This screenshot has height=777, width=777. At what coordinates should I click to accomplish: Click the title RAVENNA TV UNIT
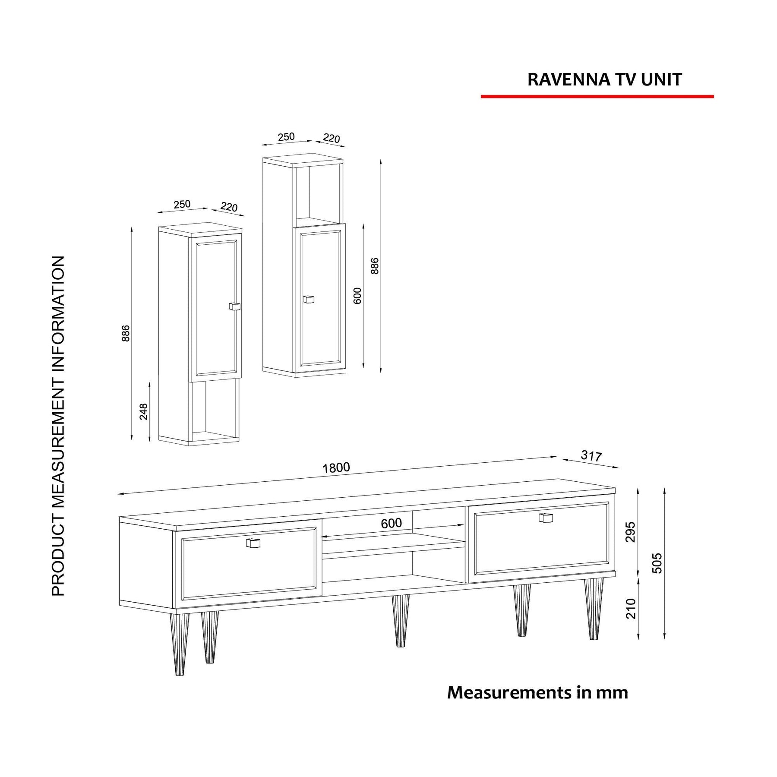tap(604, 80)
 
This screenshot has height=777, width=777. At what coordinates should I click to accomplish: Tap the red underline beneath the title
tap(597, 97)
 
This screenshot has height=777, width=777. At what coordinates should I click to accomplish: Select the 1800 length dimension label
tap(336, 467)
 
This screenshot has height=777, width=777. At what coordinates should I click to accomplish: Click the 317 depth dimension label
tap(591, 455)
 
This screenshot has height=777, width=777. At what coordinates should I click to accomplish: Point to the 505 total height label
tap(657, 563)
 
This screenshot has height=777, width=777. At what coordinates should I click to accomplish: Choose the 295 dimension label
tap(631, 532)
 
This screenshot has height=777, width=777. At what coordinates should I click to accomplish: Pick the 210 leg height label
tap(631, 609)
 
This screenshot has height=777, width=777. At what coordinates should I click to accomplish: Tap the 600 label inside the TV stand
tap(391, 523)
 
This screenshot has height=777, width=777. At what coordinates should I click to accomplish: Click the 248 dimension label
tap(144, 411)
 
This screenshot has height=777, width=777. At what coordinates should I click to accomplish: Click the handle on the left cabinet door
tap(234, 306)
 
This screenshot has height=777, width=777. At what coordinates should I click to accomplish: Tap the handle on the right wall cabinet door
tap(308, 299)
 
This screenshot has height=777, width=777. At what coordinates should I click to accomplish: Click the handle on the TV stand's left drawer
tap(253, 543)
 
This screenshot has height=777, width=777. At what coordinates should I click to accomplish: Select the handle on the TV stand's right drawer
tap(546, 518)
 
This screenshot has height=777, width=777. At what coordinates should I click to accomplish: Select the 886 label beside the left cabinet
tap(126, 333)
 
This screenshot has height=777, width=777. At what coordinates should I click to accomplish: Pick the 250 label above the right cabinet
tap(286, 137)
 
